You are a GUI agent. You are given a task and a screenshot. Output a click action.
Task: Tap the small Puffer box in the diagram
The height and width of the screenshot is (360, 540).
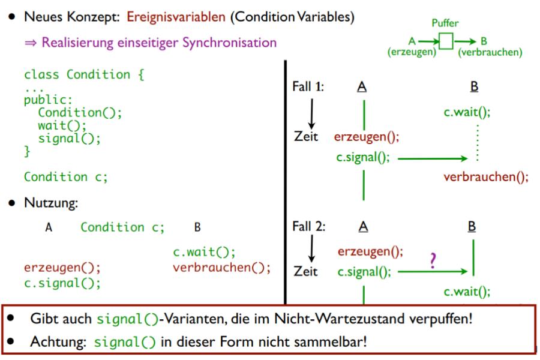coord(446,42)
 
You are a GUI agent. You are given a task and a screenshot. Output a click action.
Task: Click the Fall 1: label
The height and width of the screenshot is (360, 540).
coord(308,86)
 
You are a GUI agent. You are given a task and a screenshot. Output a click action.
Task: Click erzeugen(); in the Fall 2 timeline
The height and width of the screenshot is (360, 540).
coord(370,250)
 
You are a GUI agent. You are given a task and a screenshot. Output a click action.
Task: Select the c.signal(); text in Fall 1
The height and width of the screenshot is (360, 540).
coord(364,158)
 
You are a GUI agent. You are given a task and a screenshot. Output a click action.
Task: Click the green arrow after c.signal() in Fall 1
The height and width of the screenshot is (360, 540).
coord(432,159)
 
